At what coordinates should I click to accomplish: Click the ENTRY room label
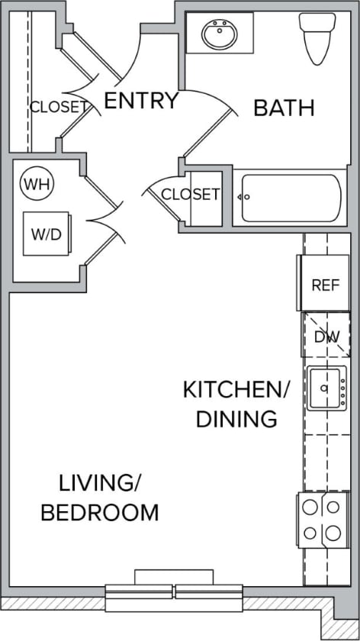pyautogui.click(x=140, y=101)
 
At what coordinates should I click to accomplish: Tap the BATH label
pyautogui.click(x=284, y=108)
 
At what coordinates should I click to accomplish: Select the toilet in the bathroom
pyautogui.click(x=315, y=38)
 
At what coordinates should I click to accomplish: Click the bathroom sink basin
pyautogui.click(x=220, y=34)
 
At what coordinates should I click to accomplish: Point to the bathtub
pyautogui.click(x=291, y=198)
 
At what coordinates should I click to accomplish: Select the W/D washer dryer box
pyautogui.click(x=47, y=234)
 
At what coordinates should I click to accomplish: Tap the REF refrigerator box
pyautogui.click(x=324, y=285)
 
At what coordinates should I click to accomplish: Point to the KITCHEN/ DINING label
pyautogui.click(x=236, y=404)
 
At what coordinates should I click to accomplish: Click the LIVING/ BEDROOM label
pyautogui.click(x=100, y=498)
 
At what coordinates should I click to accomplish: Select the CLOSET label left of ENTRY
pyautogui.click(x=58, y=107)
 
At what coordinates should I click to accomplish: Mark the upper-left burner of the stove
pyautogui.click(x=311, y=506)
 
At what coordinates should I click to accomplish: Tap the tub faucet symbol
pyautogui.click(x=245, y=197)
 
